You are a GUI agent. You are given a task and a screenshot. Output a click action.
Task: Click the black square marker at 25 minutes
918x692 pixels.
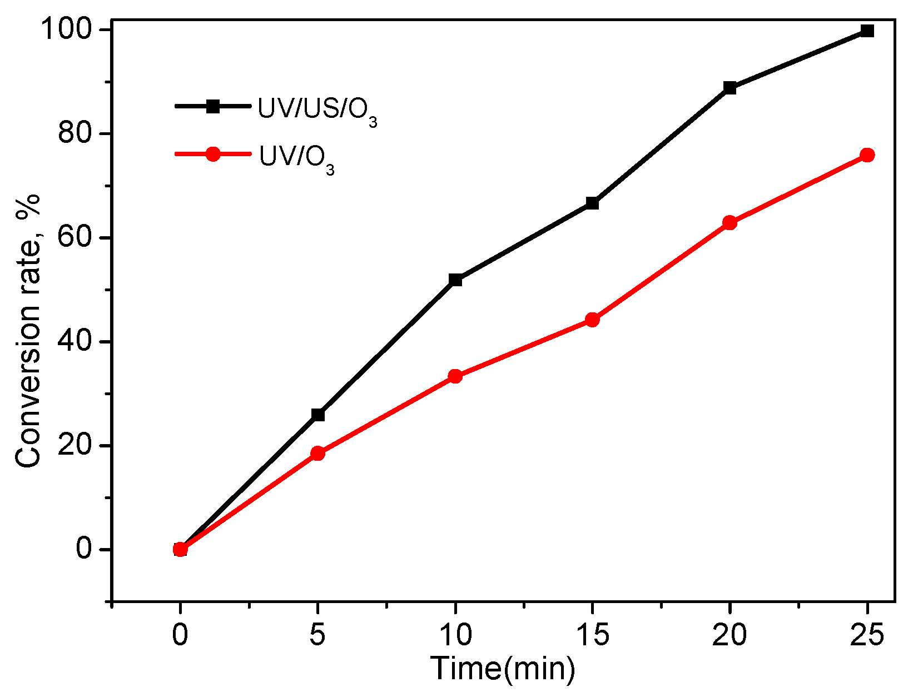[867, 31]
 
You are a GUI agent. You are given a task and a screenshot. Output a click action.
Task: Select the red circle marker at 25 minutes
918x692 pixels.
[867, 155]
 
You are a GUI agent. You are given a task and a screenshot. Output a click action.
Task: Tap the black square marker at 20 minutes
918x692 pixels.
[730, 88]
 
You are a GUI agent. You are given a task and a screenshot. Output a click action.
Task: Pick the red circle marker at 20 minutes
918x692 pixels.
[730, 223]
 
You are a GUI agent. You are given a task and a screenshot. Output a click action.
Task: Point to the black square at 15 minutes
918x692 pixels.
[592, 203]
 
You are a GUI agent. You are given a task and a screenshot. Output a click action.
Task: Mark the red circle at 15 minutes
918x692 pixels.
[592, 320]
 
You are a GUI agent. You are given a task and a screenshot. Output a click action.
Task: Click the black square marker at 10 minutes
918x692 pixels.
[455, 280]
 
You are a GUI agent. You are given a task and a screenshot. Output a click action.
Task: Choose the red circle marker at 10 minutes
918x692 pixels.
[455, 376]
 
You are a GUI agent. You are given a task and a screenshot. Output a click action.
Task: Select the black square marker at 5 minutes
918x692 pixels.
[318, 415]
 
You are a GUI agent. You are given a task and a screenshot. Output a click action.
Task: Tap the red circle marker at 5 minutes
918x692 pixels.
[318, 453]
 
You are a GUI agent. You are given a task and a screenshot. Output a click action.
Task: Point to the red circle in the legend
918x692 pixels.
[213, 154]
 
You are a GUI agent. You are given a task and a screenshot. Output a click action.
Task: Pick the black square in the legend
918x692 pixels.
[213, 106]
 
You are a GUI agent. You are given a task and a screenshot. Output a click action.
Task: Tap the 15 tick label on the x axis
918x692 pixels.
[592, 635]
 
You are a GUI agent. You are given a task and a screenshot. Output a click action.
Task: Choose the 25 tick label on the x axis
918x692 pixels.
[867, 635]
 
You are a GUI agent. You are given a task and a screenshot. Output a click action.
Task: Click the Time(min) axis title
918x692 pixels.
[503, 669]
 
